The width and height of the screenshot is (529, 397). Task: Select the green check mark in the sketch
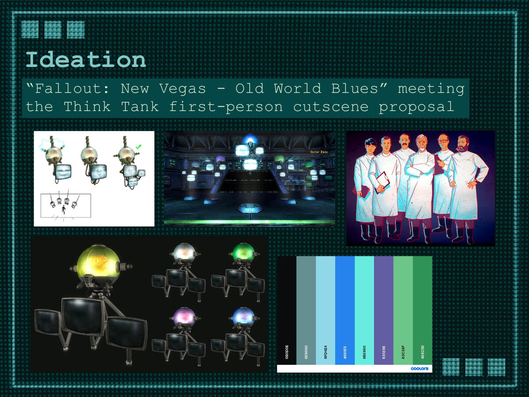point(139,146)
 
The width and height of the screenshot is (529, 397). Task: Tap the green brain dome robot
point(244,252)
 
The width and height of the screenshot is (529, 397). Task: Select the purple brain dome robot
point(184,316)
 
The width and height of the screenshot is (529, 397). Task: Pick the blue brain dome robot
point(243,316)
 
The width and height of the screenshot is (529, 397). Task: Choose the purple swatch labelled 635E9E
point(383,309)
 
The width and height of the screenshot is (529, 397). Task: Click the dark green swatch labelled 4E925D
point(422,309)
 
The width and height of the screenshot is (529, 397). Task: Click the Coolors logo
point(419,368)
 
